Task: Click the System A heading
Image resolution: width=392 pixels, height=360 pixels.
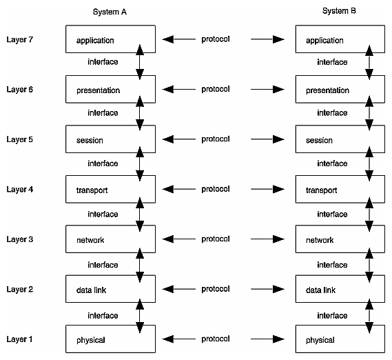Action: [110, 12]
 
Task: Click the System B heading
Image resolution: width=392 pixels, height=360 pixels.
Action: [339, 11]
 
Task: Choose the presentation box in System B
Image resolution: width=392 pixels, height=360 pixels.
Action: [335, 90]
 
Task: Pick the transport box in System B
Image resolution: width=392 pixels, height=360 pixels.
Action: [335, 190]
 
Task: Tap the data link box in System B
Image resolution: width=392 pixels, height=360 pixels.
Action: [335, 290]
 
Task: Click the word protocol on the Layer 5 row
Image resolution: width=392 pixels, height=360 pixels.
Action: [215, 139]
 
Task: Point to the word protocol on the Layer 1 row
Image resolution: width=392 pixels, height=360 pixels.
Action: [215, 339]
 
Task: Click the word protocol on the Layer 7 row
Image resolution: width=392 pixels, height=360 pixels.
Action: [215, 39]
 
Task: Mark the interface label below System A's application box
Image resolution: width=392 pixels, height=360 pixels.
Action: [103, 62]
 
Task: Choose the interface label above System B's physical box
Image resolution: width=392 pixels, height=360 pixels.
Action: [332, 315]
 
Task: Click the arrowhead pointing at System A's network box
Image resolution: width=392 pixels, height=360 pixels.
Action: [168, 239]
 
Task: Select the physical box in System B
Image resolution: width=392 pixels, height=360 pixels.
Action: [335, 339]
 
